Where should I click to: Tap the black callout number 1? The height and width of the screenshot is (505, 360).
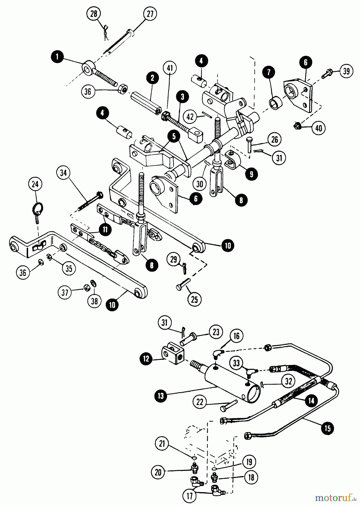point(57,57)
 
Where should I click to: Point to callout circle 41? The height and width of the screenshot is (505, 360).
point(171,68)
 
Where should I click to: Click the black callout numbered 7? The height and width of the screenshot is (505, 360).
point(269,72)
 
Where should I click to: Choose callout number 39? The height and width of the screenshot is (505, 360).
point(346,71)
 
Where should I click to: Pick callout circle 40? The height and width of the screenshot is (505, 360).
point(318,128)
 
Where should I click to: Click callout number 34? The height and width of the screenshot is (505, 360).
point(64,173)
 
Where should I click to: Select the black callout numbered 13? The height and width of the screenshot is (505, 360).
point(161,396)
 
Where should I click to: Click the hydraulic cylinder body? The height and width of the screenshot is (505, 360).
point(227,382)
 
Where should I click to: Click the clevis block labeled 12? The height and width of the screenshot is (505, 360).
point(172,355)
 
